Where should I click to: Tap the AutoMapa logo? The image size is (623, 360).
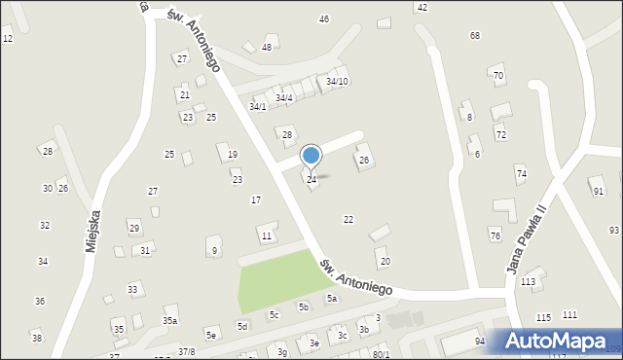(x=558, y=342)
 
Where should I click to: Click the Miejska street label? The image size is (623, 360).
(x=93, y=227)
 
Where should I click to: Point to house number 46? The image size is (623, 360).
(x=324, y=19)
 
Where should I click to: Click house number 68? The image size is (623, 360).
(x=475, y=36)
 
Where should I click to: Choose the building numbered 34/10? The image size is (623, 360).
(x=337, y=81)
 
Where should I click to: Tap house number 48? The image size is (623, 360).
(x=267, y=47)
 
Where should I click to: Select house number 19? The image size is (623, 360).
(x=233, y=155)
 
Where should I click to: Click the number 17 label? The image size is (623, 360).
(x=256, y=199)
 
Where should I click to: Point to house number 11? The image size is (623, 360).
(x=266, y=236)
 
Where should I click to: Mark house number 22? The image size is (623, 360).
(x=348, y=219)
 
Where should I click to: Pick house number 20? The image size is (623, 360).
(x=385, y=261)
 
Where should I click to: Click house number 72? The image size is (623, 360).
(x=500, y=134)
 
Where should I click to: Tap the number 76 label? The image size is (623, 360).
(x=495, y=236)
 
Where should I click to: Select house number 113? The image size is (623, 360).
(x=528, y=281)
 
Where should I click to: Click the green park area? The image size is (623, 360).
(x=282, y=279)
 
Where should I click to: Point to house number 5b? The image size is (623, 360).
(x=304, y=306)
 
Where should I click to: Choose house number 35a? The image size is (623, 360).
(x=170, y=320)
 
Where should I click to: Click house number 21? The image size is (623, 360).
(x=184, y=94)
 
